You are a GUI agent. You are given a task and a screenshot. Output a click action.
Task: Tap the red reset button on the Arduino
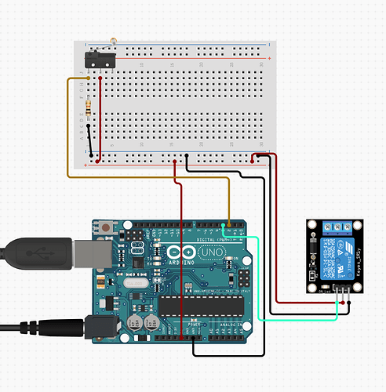pyautogui.click(x=106, y=228)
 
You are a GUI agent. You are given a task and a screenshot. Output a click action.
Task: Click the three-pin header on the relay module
pyautogui.click(x=341, y=289)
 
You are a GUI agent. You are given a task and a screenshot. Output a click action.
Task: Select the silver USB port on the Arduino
pyautogui.click(x=87, y=253)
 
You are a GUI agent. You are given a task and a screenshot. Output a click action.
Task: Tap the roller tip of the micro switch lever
pyautogui.click(x=114, y=39)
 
